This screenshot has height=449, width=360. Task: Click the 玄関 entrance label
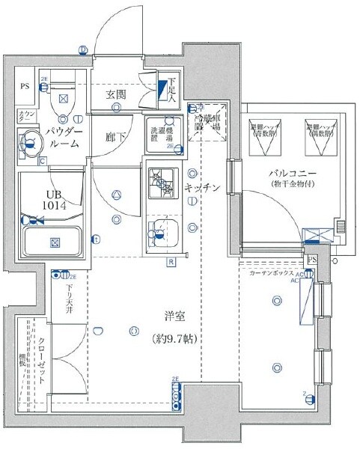pyautogui.click(x=115, y=94)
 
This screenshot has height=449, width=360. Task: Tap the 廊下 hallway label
pyautogui.click(x=115, y=137)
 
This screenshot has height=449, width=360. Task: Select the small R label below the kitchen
pyautogui.click(x=171, y=262)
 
